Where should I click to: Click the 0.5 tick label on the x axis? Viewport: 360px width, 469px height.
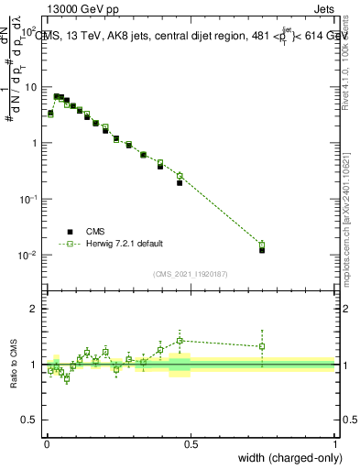(191, 442)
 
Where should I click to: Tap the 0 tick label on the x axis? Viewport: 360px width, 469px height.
(47, 442)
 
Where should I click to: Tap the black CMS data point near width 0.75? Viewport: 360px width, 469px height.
(262, 249)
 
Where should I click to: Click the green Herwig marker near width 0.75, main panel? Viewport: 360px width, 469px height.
(262, 245)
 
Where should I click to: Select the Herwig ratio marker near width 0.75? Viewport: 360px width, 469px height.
(262, 346)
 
